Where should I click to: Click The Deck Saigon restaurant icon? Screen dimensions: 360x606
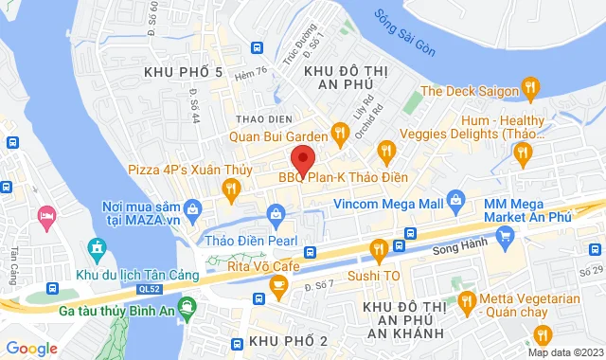coord(531,91)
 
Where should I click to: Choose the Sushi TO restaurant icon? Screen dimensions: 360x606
coord(379,251)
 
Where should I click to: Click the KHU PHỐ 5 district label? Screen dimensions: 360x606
coord(183,72)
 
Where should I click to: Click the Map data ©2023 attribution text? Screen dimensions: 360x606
coord(562,352)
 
